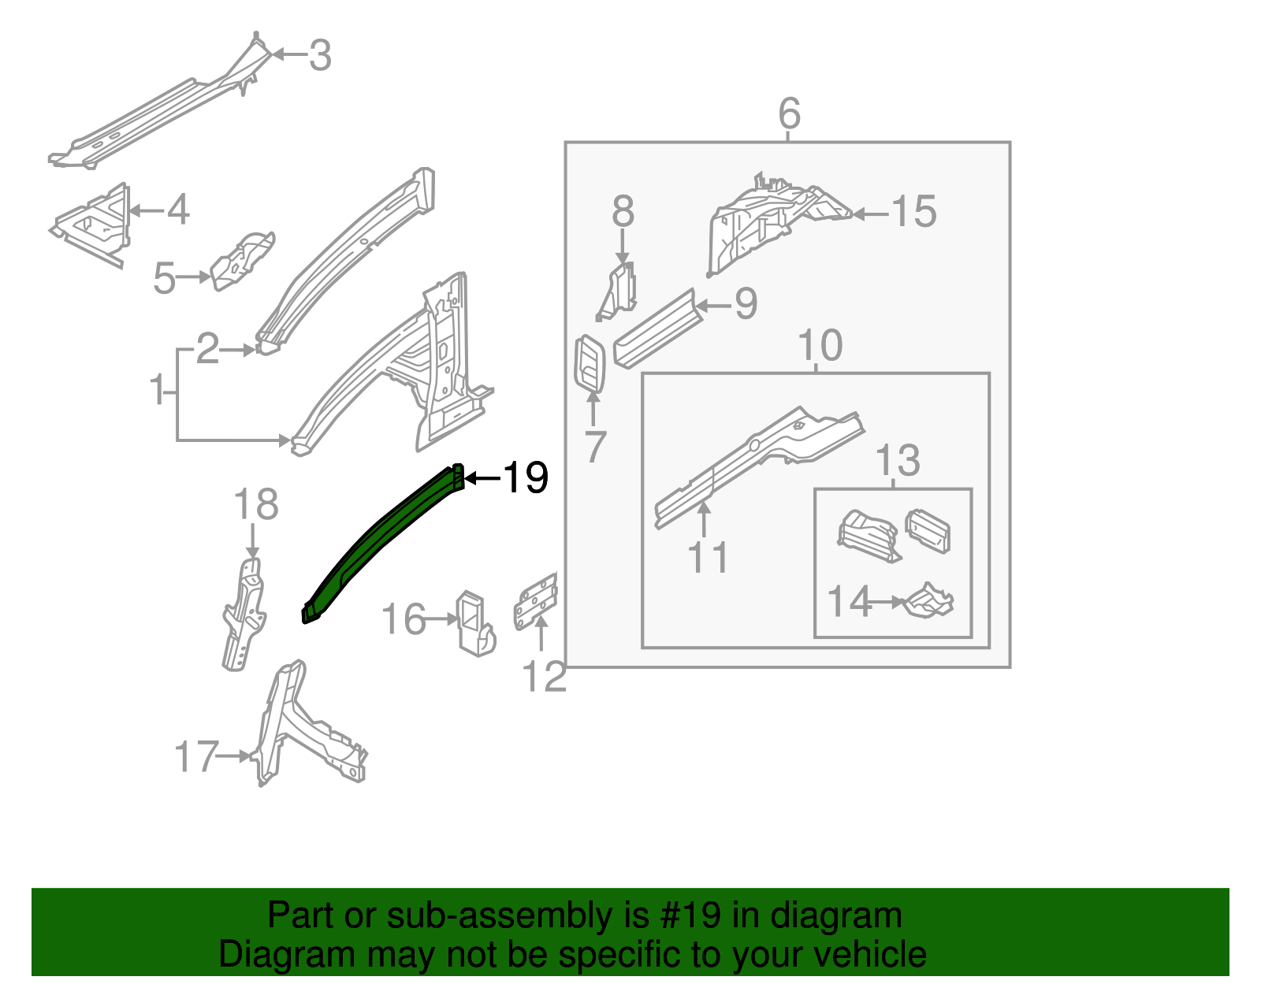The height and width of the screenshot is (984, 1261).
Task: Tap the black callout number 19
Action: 526,478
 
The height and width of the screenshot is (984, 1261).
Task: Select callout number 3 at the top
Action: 319,56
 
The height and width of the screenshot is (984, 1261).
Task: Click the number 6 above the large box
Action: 789,114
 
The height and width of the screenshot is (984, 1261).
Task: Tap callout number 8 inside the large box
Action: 623,212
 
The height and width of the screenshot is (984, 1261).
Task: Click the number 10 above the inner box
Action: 820,346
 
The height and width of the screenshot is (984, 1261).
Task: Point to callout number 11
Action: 708,558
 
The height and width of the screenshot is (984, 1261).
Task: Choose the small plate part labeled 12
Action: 536,601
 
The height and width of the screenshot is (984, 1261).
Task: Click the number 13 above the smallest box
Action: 897,460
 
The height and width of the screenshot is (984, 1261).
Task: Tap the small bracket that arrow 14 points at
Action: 929,602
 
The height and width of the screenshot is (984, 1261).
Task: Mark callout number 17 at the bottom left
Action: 195,757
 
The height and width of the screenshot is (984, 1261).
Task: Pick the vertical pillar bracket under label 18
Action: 244,615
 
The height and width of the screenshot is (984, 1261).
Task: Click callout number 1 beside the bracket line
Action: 158,391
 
